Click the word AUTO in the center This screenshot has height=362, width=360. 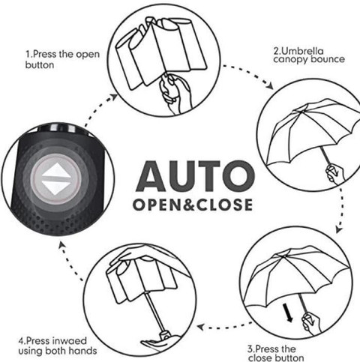(196, 176)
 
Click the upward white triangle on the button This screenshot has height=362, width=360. (56, 170)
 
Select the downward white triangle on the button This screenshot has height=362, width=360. (56, 187)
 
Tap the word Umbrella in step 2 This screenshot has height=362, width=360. (302, 51)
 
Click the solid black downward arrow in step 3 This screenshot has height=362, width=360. (288, 313)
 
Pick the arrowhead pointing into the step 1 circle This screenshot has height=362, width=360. (113, 97)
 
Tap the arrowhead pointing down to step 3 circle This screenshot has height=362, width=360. (339, 229)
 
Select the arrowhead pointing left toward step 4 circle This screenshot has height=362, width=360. (201, 327)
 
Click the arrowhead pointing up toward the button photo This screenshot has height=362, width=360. (61, 245)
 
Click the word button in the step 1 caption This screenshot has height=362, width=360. (40, 65)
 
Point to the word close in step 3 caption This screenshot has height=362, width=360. (261, 358)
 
